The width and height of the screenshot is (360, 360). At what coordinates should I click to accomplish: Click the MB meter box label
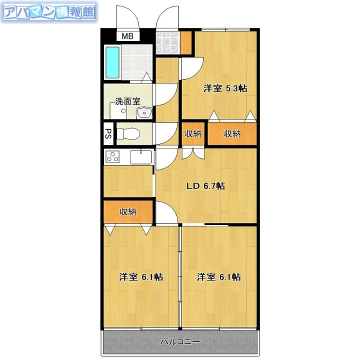[127, 36]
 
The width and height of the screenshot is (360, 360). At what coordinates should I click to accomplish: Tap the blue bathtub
[112, 62]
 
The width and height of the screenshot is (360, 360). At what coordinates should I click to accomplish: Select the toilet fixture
[128, 133]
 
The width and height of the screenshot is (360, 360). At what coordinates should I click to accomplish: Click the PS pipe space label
[108, 133]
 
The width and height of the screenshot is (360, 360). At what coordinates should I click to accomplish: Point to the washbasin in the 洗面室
[144, 113]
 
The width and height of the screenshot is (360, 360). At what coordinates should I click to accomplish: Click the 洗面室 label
[127, 101]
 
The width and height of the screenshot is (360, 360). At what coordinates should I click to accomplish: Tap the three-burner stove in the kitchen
[112, 156]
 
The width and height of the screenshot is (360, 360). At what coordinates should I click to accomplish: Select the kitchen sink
[140, 157]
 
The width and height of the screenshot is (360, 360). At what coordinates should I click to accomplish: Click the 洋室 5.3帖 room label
[225, 88]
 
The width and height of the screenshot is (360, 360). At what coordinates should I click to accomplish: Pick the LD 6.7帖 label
[205, 185]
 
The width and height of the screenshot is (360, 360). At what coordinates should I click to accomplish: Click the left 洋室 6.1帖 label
[141, 277]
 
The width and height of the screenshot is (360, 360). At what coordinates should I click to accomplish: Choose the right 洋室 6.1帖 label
[219, 277]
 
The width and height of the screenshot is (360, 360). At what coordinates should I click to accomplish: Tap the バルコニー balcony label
[180, 342]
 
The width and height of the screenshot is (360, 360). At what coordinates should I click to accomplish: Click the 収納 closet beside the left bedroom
[128, 211]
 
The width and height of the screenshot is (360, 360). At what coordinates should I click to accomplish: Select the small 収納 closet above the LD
[193, 133]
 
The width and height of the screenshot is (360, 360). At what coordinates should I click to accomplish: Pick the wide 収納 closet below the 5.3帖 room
[232, 133]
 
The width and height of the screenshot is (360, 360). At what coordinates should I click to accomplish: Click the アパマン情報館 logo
[49, 12]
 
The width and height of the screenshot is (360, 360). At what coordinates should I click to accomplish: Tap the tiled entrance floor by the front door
[167, 42]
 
